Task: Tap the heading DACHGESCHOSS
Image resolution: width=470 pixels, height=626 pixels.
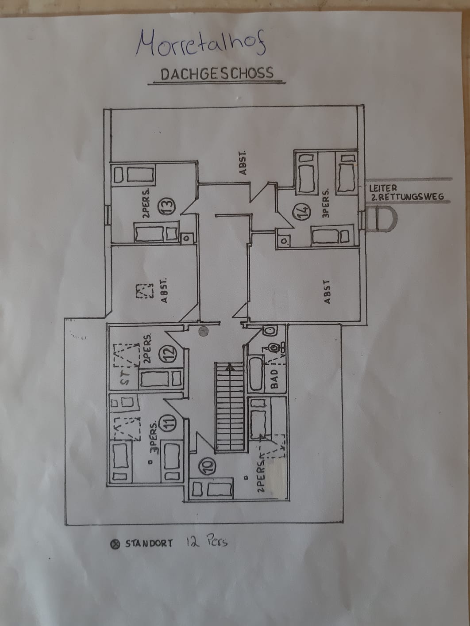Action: [217, 73]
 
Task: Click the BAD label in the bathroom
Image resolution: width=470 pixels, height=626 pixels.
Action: [274, 379]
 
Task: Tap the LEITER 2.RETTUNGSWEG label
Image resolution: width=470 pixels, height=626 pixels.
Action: [406, 193]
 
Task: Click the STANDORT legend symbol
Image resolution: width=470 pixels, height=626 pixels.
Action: [115, 544]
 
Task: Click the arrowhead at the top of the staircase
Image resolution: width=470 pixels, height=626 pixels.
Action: [229, 366]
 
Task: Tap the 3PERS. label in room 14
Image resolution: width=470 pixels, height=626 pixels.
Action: [326, 204]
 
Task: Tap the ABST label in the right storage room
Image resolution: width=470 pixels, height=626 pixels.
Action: [327, 292]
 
